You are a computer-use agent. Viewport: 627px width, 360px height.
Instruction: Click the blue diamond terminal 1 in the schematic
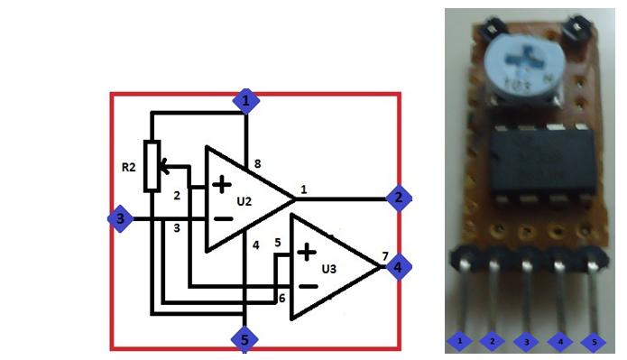(245, 100)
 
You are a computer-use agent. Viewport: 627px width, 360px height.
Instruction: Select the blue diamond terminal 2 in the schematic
(399, 198)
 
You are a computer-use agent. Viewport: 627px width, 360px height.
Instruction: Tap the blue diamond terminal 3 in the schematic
(118, 218)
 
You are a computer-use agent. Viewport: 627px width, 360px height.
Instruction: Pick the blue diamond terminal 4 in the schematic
(399, 266)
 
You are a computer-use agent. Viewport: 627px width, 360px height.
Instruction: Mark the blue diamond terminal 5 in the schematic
(244, 339)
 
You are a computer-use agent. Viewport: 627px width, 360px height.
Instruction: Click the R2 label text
(128, 167)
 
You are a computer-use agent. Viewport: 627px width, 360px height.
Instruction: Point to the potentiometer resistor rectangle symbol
(152, 166)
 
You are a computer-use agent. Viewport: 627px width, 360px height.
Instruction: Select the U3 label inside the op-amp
(331, 268)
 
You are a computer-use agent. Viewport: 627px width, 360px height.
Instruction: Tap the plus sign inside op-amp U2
(222, 186)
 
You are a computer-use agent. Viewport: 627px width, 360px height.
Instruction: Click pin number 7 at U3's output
(385, 256)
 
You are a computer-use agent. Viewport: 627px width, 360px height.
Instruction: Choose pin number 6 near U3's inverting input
(281, 298)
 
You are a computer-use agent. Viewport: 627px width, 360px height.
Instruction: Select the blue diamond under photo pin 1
(460, 342)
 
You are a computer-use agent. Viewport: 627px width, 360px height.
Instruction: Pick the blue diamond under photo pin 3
(527, 342)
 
